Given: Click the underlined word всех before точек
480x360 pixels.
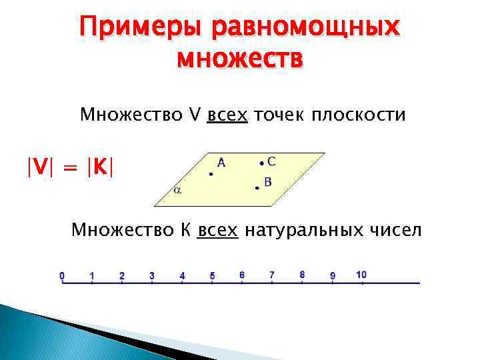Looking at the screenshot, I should click(x=227, y=115).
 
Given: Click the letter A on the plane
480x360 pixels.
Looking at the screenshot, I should click(x=221, y=162).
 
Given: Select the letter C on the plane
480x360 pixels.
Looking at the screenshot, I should click(x=271, y=161).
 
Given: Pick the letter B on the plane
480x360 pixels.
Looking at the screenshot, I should click(x=267, y=181).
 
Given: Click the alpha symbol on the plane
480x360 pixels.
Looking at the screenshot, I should click(x=177, y=190).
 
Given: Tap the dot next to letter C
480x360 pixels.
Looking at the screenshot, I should click(x=262, y=162).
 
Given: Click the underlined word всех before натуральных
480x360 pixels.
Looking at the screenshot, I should click(x=218, y=231).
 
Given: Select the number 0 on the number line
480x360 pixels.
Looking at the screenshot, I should click(x=62, y=275).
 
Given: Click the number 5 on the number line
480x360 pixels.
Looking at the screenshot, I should click(x=212, y=275).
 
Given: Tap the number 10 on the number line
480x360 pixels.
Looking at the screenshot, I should click(x=361, y=275).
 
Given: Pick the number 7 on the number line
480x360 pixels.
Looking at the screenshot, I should click(x=272, y=274).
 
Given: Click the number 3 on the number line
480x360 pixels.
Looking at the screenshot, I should click(x=152, y=275).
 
